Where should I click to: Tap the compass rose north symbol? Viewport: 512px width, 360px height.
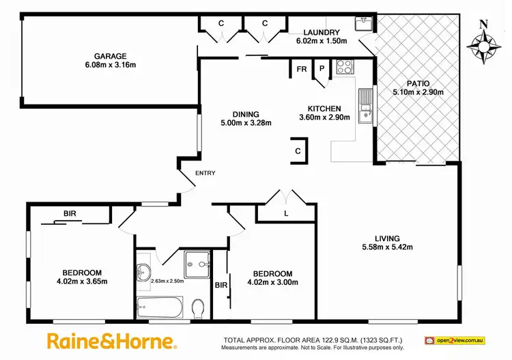point(483,44)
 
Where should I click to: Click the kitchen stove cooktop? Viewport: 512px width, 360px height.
point(344,68)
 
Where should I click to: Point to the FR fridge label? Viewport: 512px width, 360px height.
point(300,69)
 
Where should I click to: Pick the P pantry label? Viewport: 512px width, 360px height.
point(321,68)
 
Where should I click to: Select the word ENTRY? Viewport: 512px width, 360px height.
point(205,173)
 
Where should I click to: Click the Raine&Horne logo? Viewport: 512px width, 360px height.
point(112,340)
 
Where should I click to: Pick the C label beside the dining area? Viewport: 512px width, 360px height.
point(298,151)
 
